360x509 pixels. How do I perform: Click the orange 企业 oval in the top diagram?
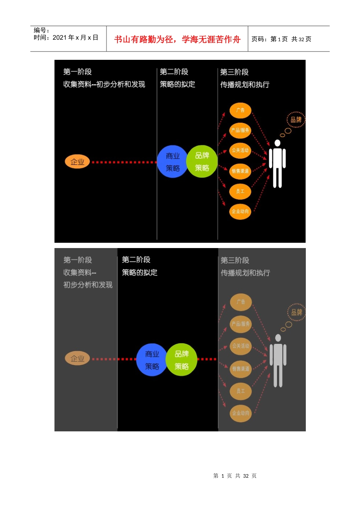coord(77,162)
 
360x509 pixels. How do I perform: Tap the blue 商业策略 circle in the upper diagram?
coord(172,162)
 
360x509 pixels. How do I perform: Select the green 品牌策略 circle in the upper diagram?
coord(202,161)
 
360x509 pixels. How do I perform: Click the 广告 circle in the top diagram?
coord(240,110)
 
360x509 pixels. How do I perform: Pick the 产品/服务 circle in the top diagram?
coord(240,130)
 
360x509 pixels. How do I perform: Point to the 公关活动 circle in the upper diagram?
coord(240,150)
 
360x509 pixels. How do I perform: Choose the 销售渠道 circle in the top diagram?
coord(240,171)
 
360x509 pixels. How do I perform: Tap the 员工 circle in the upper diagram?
coord(240,191)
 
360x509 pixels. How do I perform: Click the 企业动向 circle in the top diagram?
coord(240,211)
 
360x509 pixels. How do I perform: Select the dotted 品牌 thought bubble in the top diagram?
coord(296,120)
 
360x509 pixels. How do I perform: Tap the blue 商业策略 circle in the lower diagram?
coord(152,360)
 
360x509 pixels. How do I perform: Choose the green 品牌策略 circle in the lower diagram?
coord(182,360)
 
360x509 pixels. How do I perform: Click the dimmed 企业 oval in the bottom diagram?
coord(77,358)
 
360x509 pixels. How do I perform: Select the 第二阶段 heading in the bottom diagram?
coord(136,260)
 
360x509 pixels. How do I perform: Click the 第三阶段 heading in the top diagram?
coord(234,72)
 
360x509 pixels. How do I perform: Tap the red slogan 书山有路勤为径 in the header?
coord(177,39)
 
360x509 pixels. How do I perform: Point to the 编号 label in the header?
coord(41,30)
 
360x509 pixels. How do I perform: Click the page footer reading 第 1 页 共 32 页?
coord(235,476)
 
